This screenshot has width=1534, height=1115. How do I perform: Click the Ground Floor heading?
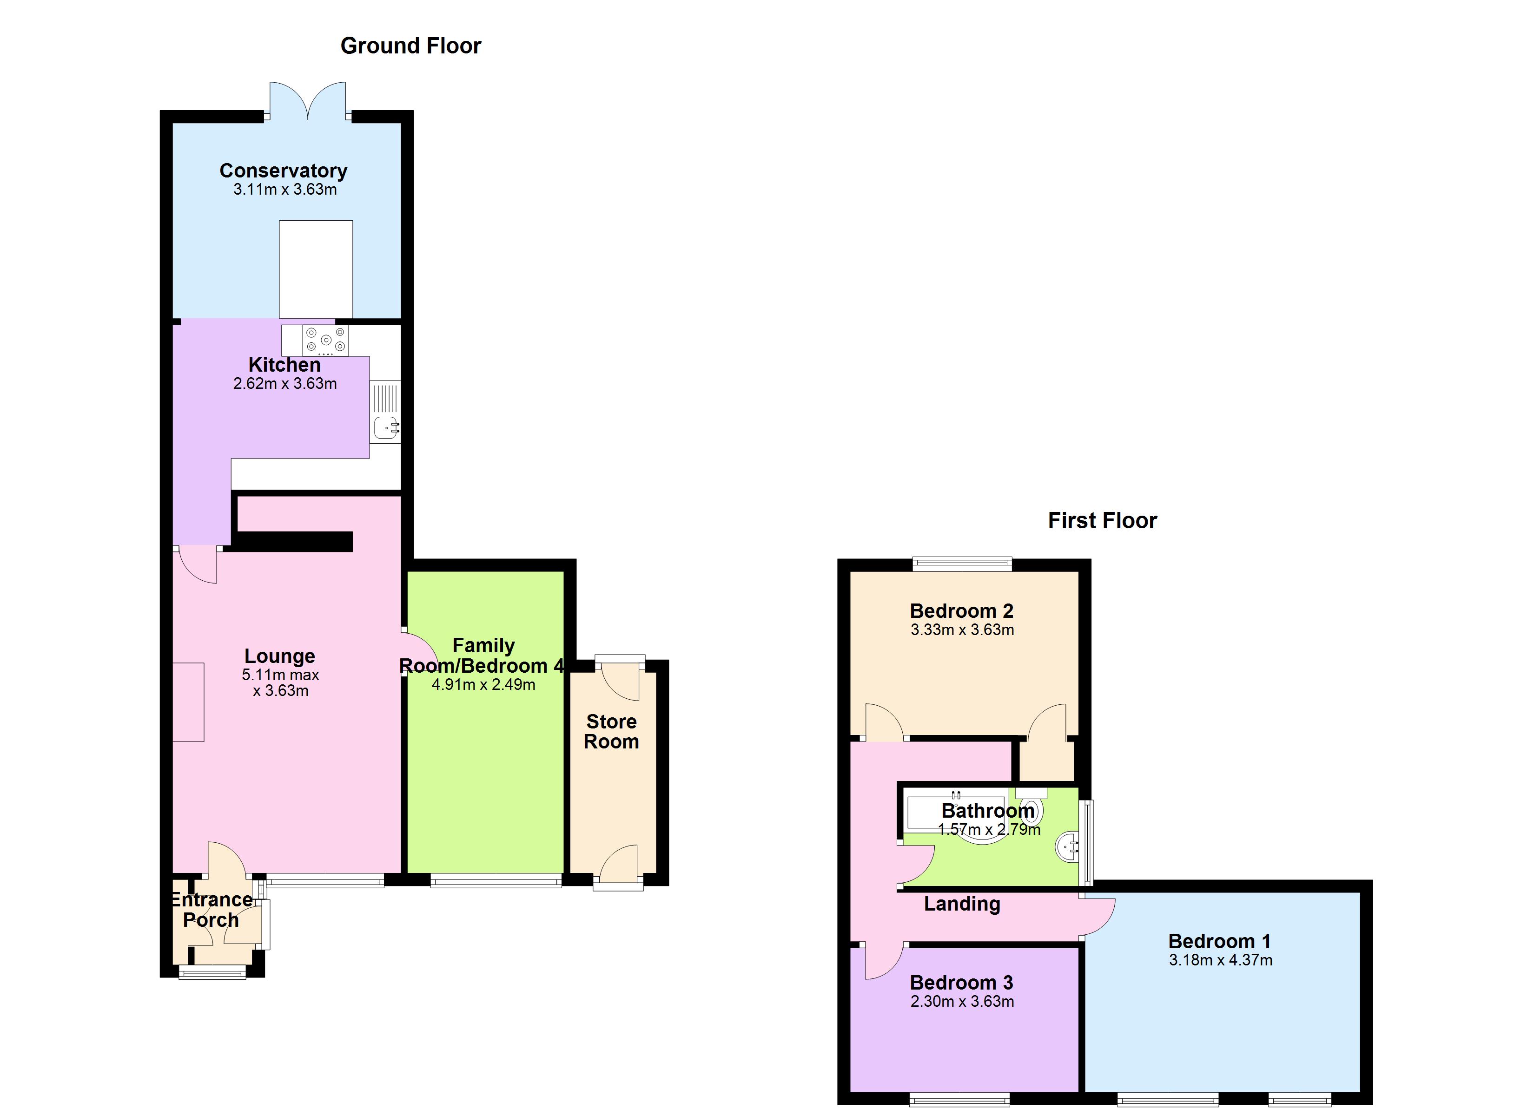410,46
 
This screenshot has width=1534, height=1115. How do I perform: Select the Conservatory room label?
284,171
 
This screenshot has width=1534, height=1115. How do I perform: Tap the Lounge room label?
279,656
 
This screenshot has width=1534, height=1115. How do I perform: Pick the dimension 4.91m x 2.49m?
483,685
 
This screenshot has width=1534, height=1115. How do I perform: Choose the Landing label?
962,904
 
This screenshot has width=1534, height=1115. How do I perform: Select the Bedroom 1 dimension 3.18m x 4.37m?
1220,960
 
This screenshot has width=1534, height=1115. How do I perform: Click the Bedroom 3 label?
961,983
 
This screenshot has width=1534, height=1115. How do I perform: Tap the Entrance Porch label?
211,910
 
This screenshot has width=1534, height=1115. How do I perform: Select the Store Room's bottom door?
619,870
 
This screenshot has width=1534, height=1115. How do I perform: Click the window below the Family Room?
496,880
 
